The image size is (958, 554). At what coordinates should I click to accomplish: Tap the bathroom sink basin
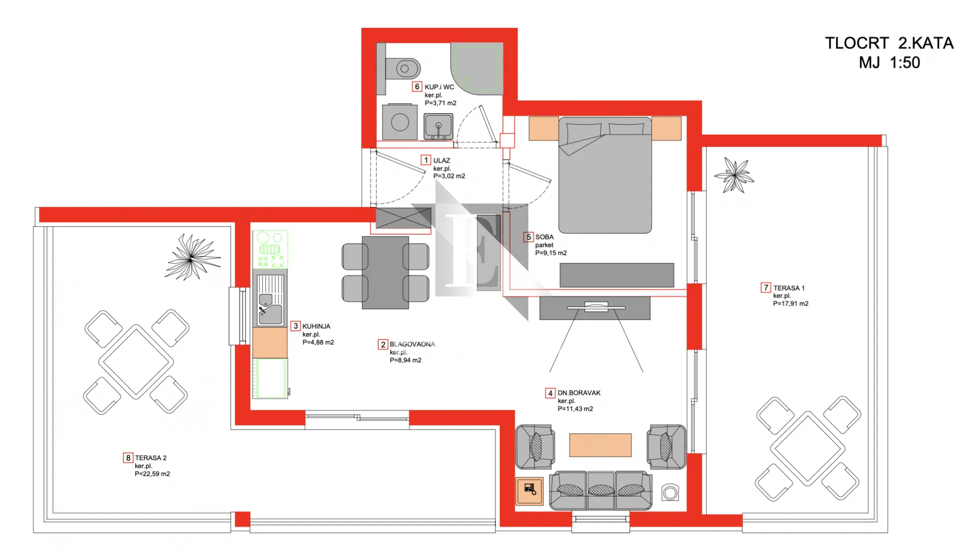438,126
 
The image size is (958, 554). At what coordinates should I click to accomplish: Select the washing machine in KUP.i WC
400,122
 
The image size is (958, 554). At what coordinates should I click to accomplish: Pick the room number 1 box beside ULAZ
426,160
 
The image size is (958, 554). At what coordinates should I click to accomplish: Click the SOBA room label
544,237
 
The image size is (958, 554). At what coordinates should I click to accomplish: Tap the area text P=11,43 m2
575,409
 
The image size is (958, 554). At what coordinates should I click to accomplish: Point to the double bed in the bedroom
605,175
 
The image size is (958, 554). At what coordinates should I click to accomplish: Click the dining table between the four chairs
385,273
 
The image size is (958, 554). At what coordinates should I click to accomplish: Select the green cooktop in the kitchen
270,249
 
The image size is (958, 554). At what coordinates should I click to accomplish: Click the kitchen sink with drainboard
270,298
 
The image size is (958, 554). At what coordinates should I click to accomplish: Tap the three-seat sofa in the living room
600,490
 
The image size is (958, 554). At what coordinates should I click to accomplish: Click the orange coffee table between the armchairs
600,445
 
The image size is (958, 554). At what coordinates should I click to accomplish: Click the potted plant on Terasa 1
734,175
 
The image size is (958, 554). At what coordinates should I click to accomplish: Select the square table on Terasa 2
136,362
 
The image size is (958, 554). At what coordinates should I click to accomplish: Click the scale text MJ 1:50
889,63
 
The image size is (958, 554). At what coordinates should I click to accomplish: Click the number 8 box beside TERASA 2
128,458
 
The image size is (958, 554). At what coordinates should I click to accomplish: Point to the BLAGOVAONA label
412,344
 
